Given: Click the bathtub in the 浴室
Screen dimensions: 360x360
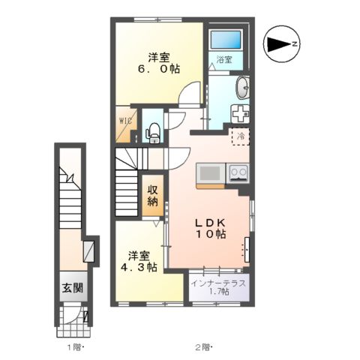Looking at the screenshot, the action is pyautogui.click(x=226, y=40).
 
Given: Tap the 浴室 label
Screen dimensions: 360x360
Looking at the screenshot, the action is pyautogui.click(x=224, y=59).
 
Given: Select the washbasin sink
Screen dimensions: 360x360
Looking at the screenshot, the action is pyautogui.click(x=242, y=88).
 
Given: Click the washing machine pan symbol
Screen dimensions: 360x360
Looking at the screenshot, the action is pyautogui.click(x=240, y=114).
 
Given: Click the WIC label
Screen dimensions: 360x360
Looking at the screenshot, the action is pyautogui.click(x=125, y=121).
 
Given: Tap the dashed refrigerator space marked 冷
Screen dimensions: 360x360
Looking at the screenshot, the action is pyautogui.click(x=241, y=136).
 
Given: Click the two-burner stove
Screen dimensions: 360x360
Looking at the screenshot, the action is pyautogui.click(x=238, y=173).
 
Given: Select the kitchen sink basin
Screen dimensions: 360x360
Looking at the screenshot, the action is pyautogui.click(x=210, y=173).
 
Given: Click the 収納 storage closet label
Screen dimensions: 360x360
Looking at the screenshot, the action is pyautogui.click(x=152, y=196).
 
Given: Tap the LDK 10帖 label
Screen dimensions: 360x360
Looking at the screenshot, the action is pyautogui.click(x=211, y=228).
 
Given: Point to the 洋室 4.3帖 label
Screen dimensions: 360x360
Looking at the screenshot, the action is pyautogui.click(x=139, y=262).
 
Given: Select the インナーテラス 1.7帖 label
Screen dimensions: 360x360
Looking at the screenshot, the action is pyautogui.click(x=218, y=287).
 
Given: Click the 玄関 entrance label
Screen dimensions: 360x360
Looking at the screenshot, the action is pyautogui.click(x=73, y=288).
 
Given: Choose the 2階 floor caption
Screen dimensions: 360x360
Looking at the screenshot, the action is pyautogui.click(x=203, y=347).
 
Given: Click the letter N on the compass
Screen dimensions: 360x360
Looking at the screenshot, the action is pyautogui.click(x=295, y=44).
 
